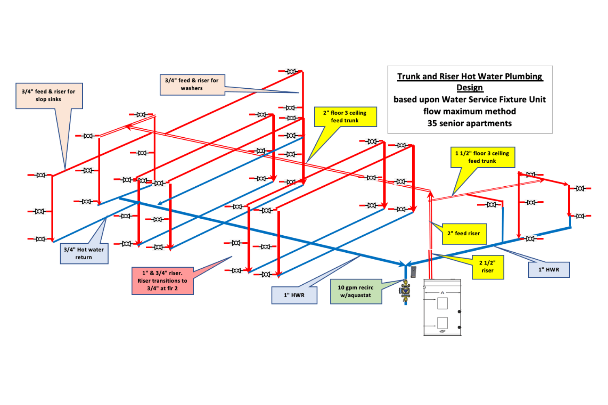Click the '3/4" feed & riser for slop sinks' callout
pyautogui.click(x=49, y=96)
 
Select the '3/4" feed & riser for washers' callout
pyautogui.click(x=192, y=84)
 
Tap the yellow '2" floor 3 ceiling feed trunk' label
pyautogui.click(x=345, y=117)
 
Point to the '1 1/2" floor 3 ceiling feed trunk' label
pyautogui.click(x=482, y=157)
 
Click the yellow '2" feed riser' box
pyautogui.click(x=464, y=234)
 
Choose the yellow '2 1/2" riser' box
pyautogui.click(x=488, y=267)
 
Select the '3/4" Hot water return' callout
pyautogui.click(x=84, y=254)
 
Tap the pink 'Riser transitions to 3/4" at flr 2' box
pyautogui.click(x=162, y=281)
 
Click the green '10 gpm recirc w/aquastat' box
pyautogui.click(x=356, y=292)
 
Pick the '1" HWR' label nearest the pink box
pyautogui.click(x=294, y=295)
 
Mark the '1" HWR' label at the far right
pyautogui.click(x=549, y=270)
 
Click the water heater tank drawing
pyautogui.click(x=442, y=308)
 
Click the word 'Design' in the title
pyautogui.click(x=470, y=87)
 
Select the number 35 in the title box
pyautogui.click(x=432, y=124)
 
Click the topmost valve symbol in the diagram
pyautogui.click(x=291, y=72)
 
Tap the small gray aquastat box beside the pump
pyautogui.click(x=413, y=271)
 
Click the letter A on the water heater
pyautogui.click(x=442, y=292)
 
